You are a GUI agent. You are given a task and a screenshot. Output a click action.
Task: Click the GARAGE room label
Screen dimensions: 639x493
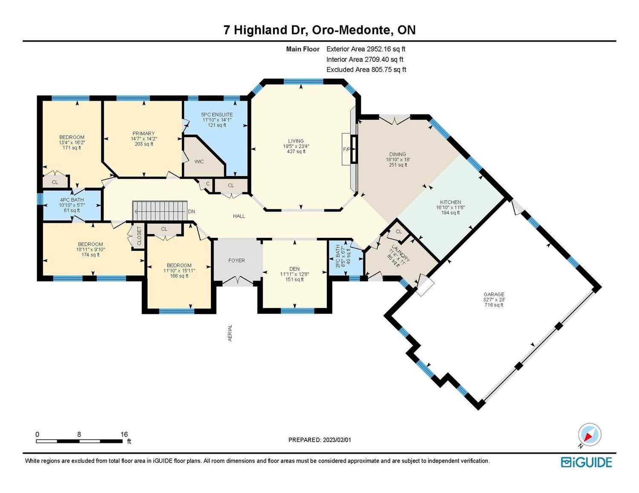(x=494, y=294)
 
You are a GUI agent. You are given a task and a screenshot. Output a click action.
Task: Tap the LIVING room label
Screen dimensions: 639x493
(x=296, y=141)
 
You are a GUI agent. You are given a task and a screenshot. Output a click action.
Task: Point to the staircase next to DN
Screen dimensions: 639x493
(x=160, y=211)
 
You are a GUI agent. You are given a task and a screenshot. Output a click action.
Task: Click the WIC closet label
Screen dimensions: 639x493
(x=199, y=162)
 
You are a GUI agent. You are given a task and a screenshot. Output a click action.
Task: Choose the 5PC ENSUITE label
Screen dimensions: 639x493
(x=217, y=114)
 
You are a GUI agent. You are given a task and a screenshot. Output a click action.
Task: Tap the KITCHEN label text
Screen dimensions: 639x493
(x=450, y=202)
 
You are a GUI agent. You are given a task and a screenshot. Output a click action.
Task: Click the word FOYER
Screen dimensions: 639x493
(x=236, y=260)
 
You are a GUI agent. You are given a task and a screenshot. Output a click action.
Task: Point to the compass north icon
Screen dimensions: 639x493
(x=589, y=435)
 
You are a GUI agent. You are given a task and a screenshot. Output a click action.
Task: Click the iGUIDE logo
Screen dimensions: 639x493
(x=586, y=462)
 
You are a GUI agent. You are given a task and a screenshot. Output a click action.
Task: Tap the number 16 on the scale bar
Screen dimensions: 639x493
(x=124, y=434)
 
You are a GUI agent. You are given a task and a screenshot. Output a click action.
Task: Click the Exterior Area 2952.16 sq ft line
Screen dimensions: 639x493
(x=366, y=49)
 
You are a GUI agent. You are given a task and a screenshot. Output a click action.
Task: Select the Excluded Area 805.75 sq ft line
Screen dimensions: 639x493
(x=366, y=70)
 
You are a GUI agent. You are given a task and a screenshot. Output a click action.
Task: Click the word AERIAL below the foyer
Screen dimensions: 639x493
(x=230, y=333)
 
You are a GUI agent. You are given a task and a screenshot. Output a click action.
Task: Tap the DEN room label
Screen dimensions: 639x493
(x=294, y=269)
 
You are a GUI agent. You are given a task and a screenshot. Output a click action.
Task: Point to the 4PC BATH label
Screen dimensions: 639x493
(x=72, y=199)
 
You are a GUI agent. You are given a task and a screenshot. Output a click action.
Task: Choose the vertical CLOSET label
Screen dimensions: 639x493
(x=139, y=236)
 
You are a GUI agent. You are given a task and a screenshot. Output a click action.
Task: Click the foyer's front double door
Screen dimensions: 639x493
(x=238, y=281)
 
